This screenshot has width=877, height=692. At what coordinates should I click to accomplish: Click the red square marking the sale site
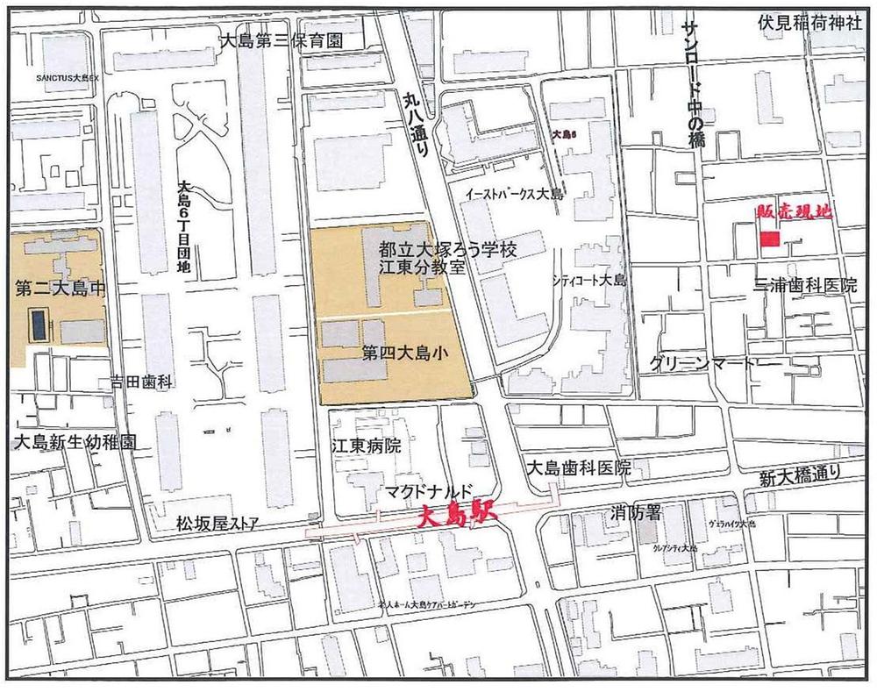point(769,239)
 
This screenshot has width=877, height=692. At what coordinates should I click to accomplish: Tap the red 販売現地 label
point(793,211)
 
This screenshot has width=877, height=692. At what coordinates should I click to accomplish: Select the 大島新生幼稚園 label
point(74,442)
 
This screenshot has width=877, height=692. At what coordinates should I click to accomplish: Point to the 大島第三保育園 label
point(279,41)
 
